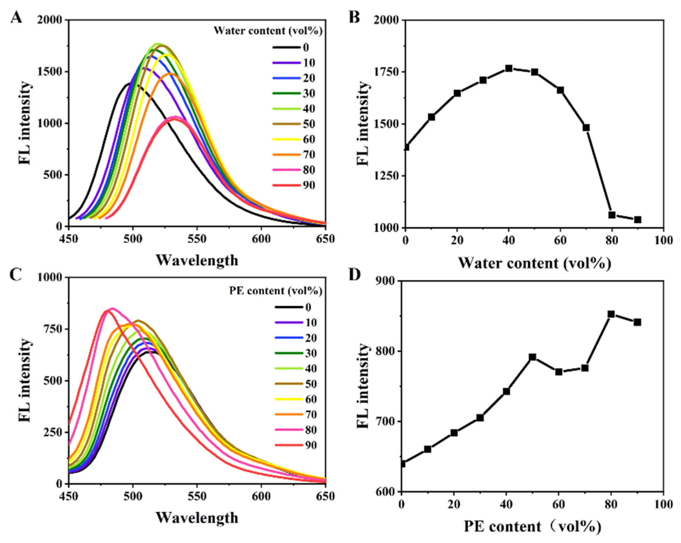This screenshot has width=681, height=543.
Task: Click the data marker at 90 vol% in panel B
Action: click(637, 220)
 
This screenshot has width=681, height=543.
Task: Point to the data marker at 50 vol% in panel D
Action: click(532, 357)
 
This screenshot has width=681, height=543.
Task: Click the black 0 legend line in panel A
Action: click(286, 48)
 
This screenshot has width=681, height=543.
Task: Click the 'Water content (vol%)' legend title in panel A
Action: click(268, 31)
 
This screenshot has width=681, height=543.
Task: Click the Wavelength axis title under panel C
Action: click(197, 518)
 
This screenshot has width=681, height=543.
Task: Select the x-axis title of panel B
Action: click(534, 263)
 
